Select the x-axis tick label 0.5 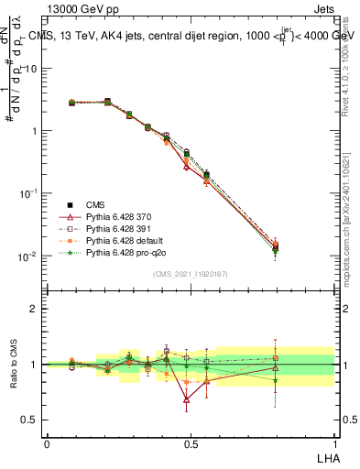pyautogui.click(x=191, y=443)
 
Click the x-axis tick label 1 pyautogui.click(x=333, y=443)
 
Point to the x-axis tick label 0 pyautogui.click(x=47, y=443)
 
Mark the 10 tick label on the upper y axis pyautogui.click(x=31, y=68)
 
